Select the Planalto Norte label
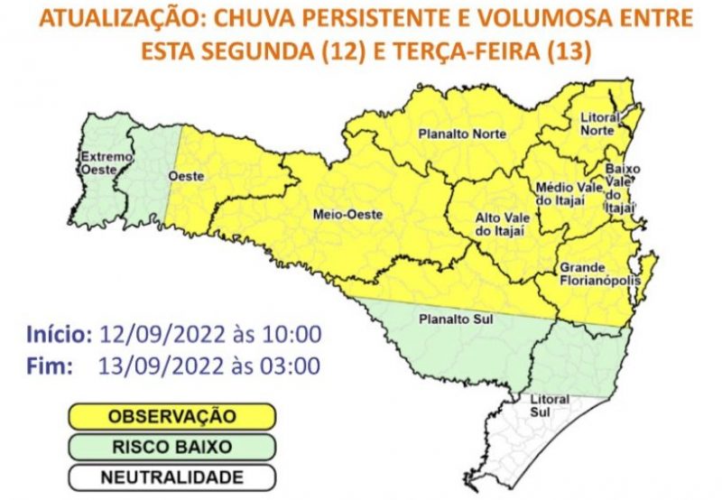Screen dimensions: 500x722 pyautogui.click(x=461, y=134)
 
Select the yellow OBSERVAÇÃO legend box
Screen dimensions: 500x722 pyautogui.click(x=171, y=416)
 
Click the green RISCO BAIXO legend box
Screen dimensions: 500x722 pyautogui.click(x=171, y=447)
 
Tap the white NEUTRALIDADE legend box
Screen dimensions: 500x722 pyautogui.click(x=171, y=477)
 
